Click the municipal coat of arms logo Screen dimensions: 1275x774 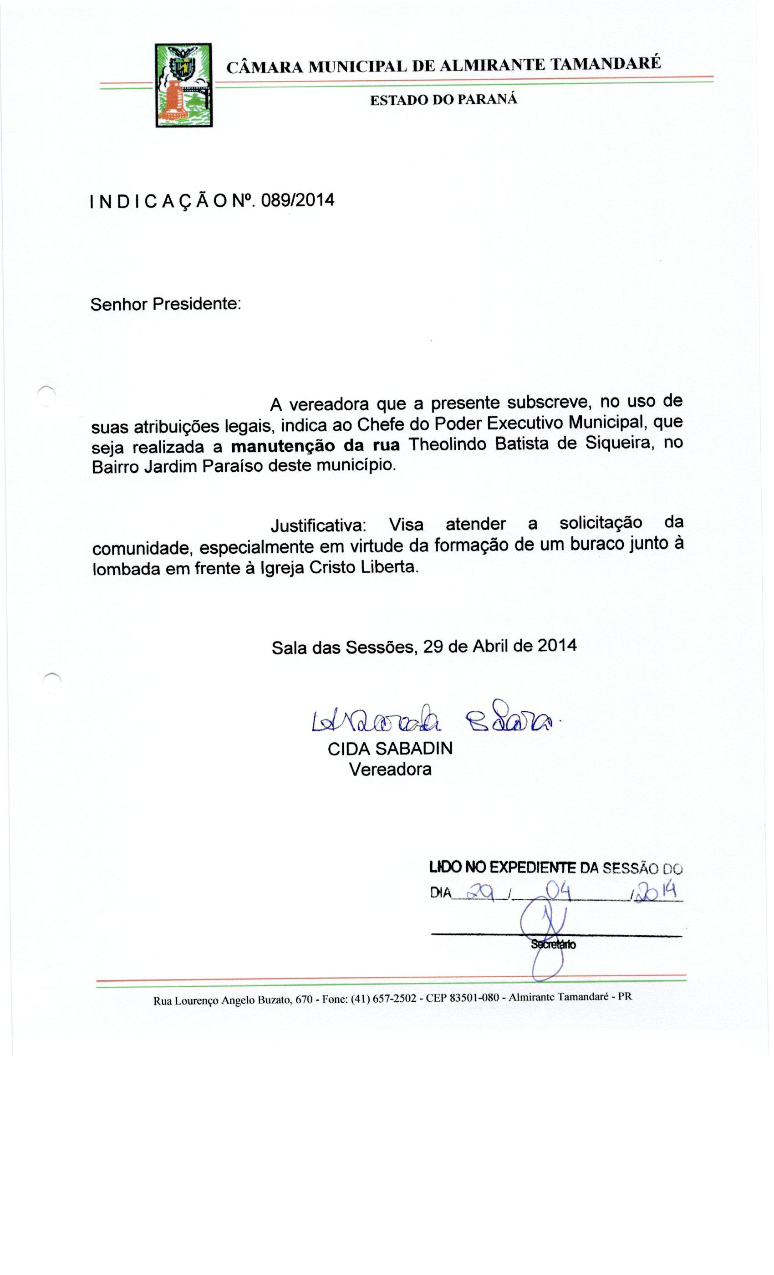click(x=183, y=86)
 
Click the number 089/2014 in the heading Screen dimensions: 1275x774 click(x=297, y=200)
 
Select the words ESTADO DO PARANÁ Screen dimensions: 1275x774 click(x=443, y=100)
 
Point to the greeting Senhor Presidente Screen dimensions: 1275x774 click(x=166, y=304)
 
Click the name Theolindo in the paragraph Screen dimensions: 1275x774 click(x=447, y=444)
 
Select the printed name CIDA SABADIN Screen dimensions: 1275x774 click(x=390, y=748)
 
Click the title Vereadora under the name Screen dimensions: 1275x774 click(x=390, y=770)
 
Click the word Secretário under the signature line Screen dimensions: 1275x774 click(x=553, y=944)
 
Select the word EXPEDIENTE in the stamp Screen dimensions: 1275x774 click(x=532, y=867)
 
